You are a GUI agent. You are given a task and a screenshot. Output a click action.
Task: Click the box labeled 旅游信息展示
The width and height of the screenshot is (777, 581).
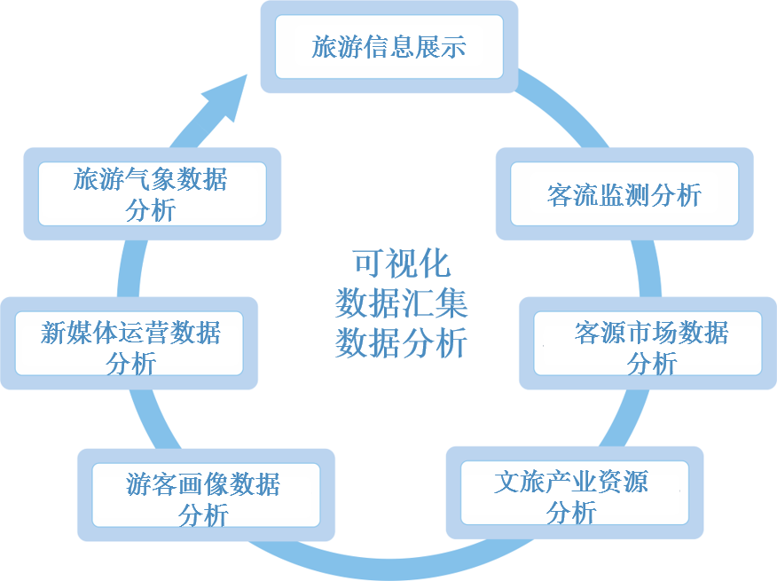(388, 46)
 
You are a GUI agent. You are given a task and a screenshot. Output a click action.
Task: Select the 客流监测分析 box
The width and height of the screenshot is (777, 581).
(624, 194)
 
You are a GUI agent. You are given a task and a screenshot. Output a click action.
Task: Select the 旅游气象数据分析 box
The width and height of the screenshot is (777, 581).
(152, 194)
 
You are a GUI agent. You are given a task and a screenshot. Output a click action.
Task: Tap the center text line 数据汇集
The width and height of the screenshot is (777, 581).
(401, 303)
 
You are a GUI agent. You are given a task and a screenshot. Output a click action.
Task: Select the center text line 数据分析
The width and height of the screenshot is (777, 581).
(401, 342)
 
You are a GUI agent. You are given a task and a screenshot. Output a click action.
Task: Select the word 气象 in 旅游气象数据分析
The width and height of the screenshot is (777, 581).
(151, 180)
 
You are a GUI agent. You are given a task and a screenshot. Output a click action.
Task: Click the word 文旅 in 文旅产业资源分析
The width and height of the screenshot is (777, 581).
(519, 482)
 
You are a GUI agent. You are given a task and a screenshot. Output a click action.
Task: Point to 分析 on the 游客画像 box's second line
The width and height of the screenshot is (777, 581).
(204, 514)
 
